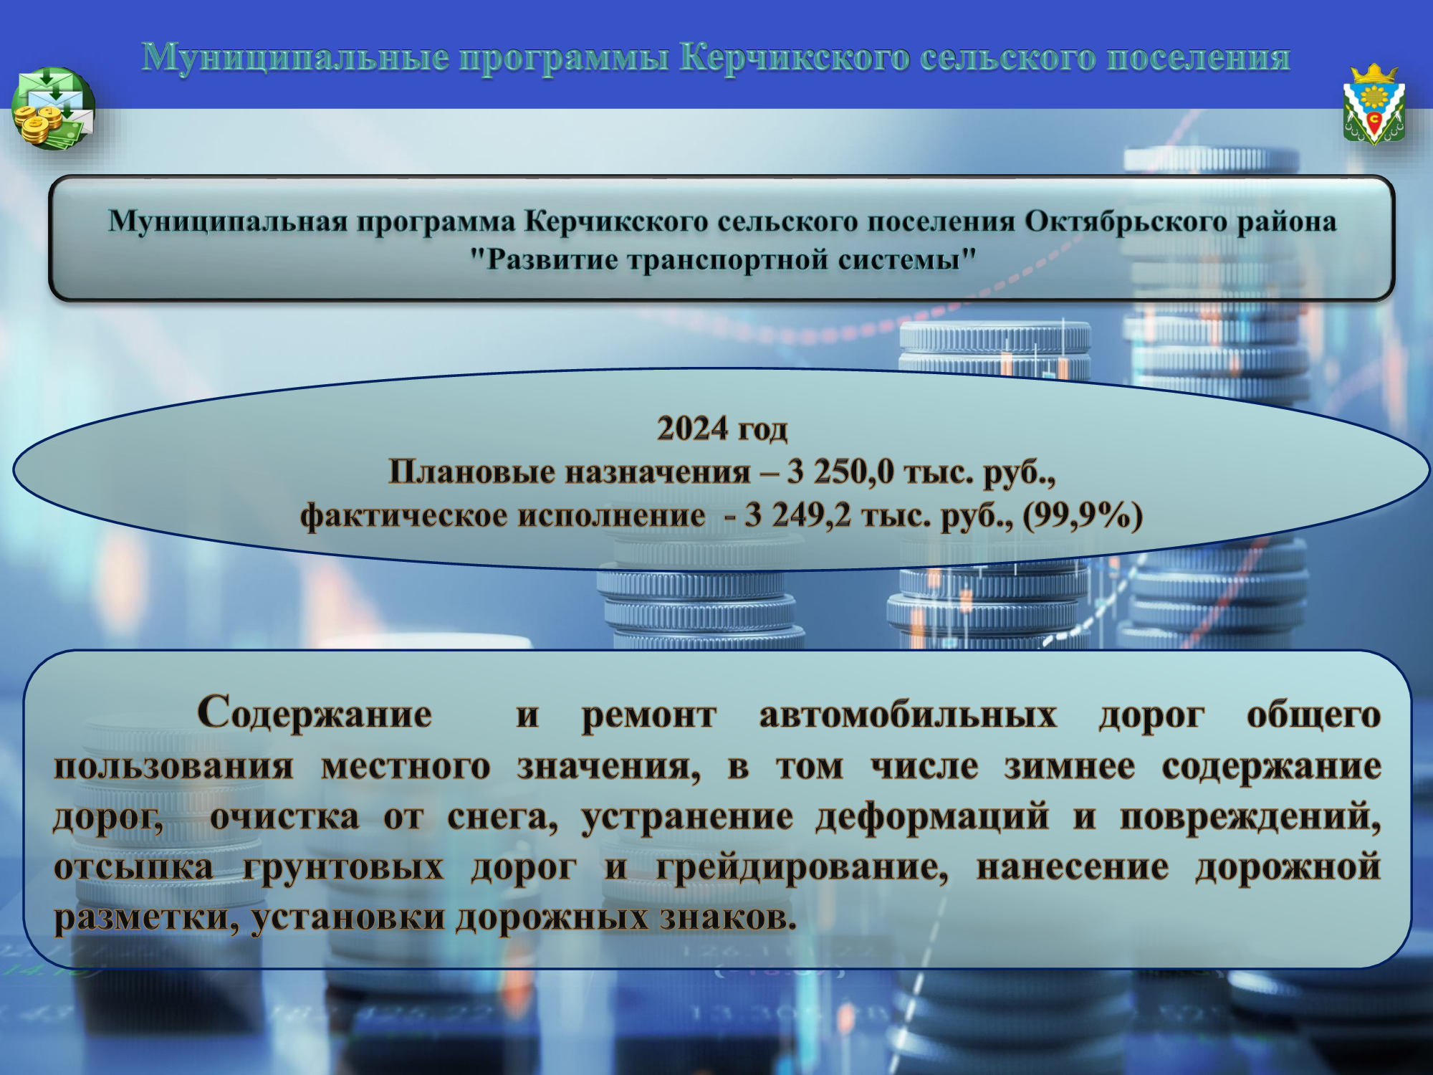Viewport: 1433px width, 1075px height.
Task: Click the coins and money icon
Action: pos(53,108)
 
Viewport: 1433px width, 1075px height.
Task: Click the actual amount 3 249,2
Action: pos(798,515)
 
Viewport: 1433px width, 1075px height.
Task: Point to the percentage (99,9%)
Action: pos(1083,516)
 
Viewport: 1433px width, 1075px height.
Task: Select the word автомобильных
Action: pos(908,715)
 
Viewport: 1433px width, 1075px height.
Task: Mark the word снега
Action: pos(502,818)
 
